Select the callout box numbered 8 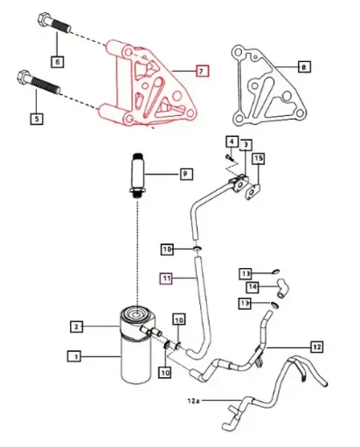coord(303,66)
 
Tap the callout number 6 coord(58,62)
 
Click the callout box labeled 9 coord(185,175)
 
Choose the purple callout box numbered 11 coord(166,279)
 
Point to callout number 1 coord(75,356)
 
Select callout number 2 coord(77,327)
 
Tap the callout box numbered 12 coord(316,347)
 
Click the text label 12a coord(193,401)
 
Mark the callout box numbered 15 coord(258,160)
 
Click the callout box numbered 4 coord(232,141)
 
